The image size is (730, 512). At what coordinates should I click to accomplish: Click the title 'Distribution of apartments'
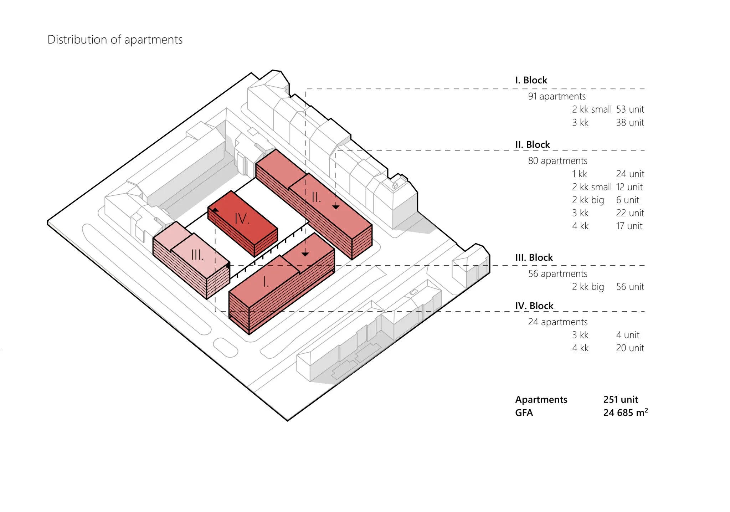pos(115,40)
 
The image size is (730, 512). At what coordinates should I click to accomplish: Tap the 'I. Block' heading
pos(531,80)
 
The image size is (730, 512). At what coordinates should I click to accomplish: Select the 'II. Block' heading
pos(532,145)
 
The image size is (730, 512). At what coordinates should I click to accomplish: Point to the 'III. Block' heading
pos(534,257)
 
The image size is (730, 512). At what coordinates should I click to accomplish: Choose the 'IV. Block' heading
pos(534,306)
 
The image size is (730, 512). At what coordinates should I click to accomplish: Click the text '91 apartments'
pos(557,96)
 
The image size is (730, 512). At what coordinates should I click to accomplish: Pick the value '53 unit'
pos(630,109)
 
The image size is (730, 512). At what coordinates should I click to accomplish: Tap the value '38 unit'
pos(630,123)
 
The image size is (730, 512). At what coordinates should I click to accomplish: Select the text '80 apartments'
pos(557,161)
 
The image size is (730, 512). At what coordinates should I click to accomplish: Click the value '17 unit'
pos(629,226)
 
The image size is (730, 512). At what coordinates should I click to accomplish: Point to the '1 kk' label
pos(579,174)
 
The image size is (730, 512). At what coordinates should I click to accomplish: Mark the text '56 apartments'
pos(557,274)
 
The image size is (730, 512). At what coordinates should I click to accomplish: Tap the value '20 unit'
pos(630,348)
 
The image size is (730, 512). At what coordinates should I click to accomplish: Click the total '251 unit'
pos(621,400)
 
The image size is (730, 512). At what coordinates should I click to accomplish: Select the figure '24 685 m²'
pos(625,413)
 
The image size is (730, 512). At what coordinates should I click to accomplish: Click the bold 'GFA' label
pos(524,413)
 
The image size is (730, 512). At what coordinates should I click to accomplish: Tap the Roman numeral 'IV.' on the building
pos(242,219)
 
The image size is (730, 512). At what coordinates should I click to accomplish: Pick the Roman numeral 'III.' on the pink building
pos(197,255)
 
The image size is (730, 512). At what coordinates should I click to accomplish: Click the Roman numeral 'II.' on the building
pos(316,197)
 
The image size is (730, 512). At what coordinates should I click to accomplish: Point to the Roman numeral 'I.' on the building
pos(266,282)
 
